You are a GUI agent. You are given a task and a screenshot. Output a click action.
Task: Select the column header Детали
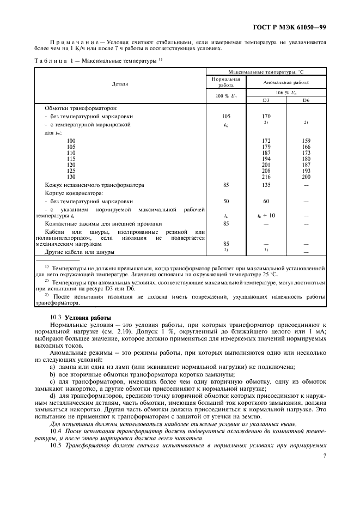coord(120,84)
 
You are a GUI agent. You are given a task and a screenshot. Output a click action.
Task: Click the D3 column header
coord(266,100)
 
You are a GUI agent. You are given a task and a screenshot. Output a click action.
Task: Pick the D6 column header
coord(306,100)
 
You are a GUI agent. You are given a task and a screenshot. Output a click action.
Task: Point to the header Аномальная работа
coord(286,82)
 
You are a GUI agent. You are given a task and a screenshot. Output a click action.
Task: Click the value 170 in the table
coord(266,116)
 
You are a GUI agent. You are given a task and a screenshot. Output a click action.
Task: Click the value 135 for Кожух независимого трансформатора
coord(266,185)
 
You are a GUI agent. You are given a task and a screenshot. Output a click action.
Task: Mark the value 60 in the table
coord(266,201)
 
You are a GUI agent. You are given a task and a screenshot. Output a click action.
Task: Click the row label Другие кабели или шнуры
coord(80,253)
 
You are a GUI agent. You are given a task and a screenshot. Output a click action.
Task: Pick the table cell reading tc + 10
coord(266,216)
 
